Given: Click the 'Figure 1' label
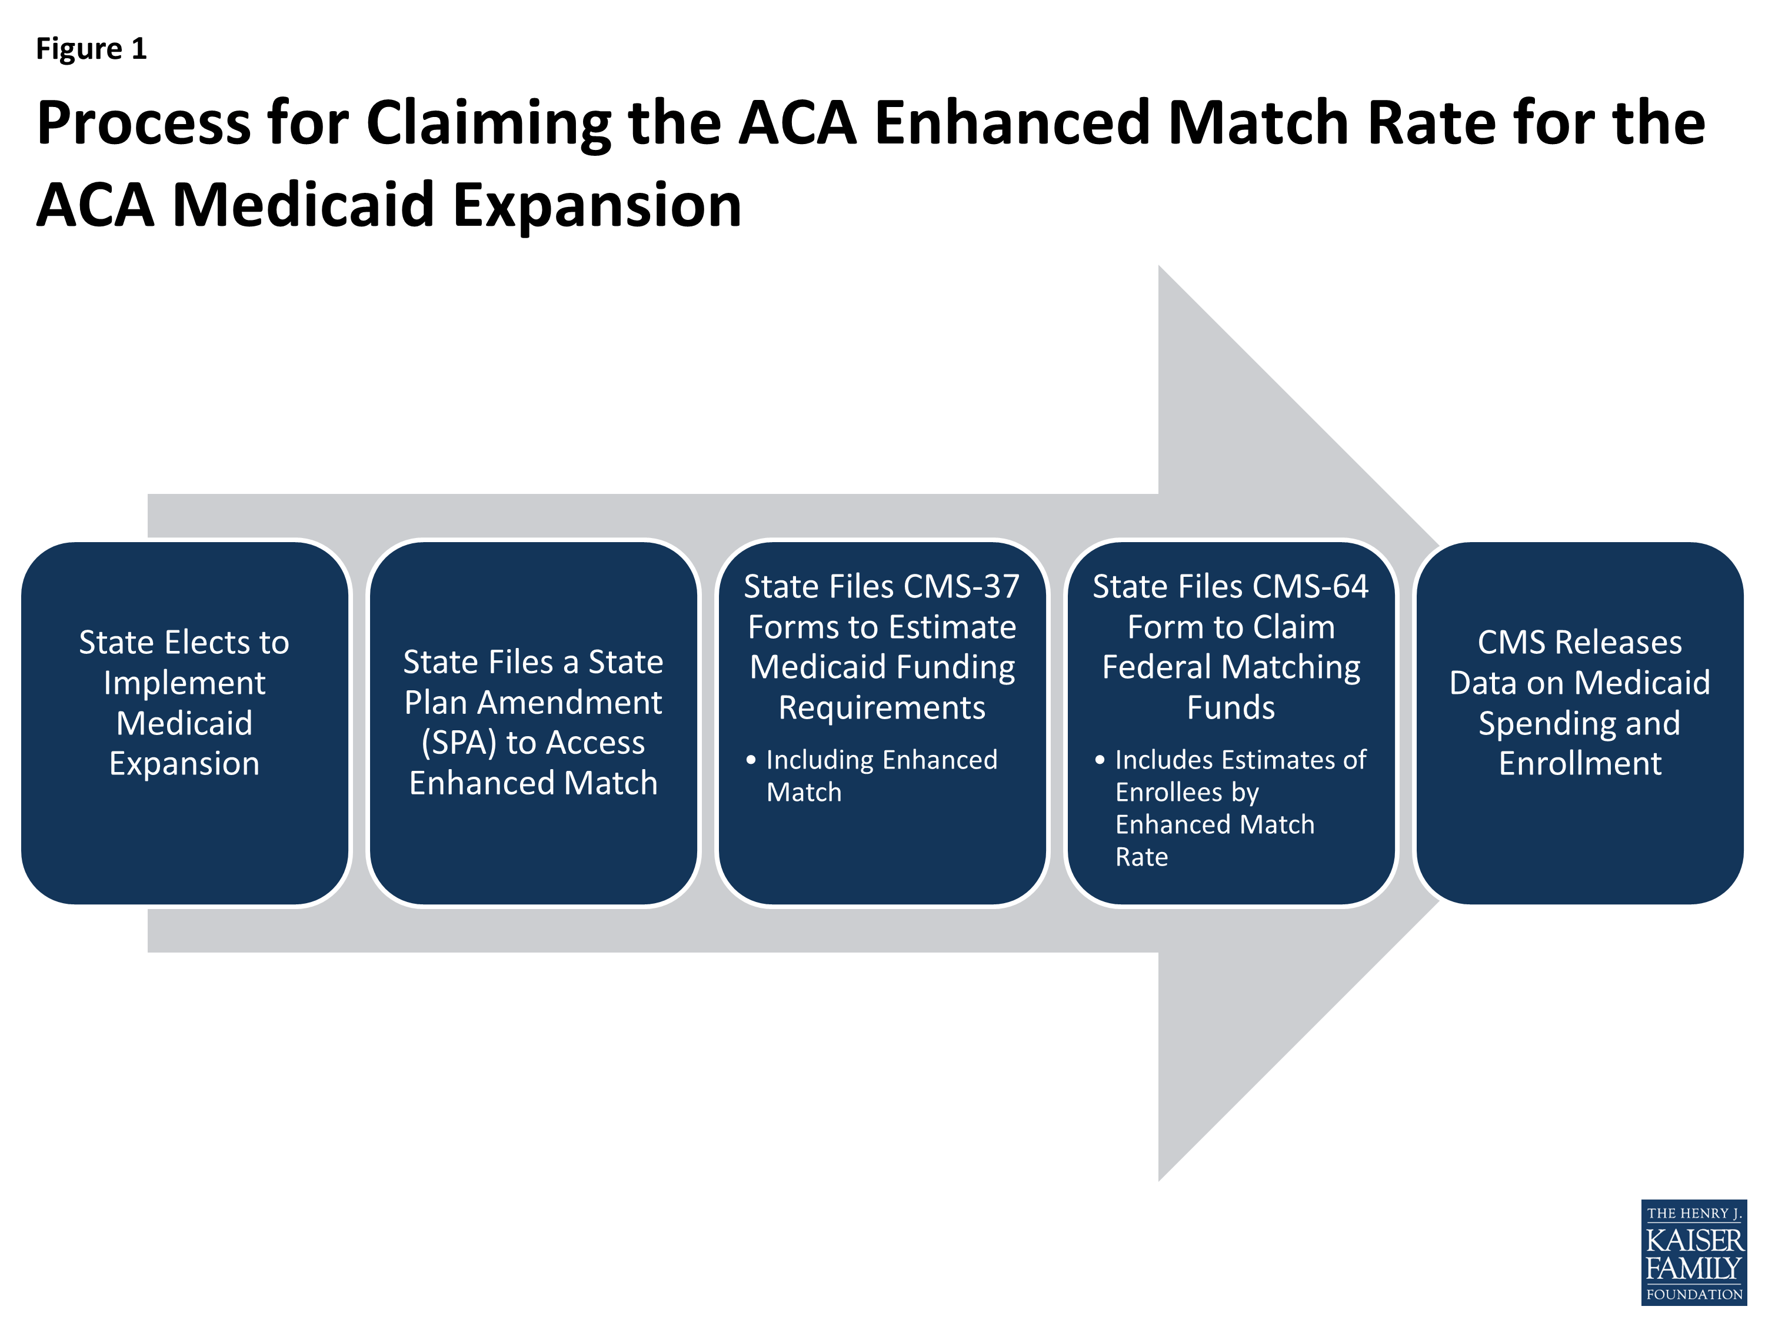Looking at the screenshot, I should click(x=91, y=49).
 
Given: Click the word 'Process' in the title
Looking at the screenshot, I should click(x=144, y=123).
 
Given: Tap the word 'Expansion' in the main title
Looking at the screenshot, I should click(x=597, y=206).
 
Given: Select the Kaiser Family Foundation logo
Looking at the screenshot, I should click(x=1693, y=1254).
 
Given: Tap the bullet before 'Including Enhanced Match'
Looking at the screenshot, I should click(x=751, y=760).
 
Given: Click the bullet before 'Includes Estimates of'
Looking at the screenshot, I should click(x=1100, y=760).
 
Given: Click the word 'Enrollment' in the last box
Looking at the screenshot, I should click(x=1580, y=764).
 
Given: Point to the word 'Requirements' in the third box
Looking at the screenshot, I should click(x=882, y=708).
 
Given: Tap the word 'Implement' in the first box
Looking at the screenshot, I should click(x=184, y=683).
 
